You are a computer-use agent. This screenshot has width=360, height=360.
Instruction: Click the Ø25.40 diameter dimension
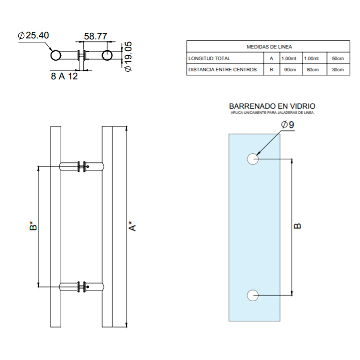[x=33, y=35]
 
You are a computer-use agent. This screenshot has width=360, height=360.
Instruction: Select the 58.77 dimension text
[x=96, y=36]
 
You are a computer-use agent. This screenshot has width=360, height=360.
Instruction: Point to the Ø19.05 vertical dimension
[x=128, y=56]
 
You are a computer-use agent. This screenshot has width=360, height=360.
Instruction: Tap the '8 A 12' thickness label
[x=64, y=76]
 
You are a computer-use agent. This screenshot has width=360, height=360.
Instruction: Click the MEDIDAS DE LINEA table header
[x=269, y=47]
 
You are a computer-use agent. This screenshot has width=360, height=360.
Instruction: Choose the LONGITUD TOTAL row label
[x=209, y=59]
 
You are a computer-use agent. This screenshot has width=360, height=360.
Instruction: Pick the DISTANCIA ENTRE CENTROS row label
[x=222, y=70]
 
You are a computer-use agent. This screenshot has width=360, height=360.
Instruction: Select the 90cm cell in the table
[x=290, y=70]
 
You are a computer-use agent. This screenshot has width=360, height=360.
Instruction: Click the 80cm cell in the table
[x=313, y=70]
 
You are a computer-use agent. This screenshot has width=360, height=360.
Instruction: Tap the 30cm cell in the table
[x=338, y=70]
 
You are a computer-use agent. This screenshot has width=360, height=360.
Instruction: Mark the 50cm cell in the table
[x=338, y=59]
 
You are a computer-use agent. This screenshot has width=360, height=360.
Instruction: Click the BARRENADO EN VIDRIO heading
[x=272, y=106]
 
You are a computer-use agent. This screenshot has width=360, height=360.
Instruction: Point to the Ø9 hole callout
[x=287, y=125]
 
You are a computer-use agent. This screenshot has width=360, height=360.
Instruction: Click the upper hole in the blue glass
[x=253, y=159]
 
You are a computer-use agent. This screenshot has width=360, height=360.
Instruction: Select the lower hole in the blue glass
[x=253, y=295]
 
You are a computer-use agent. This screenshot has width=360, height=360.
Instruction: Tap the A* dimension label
[x=132, y=226]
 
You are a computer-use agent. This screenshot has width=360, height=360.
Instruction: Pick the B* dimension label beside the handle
[x=33, y=226]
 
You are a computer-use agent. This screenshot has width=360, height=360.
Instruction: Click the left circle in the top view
[x=56, y=55]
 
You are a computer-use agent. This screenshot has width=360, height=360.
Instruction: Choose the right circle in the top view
[x=107, y=55]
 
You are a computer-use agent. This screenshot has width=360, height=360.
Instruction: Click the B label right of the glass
[x=297, y=226]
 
